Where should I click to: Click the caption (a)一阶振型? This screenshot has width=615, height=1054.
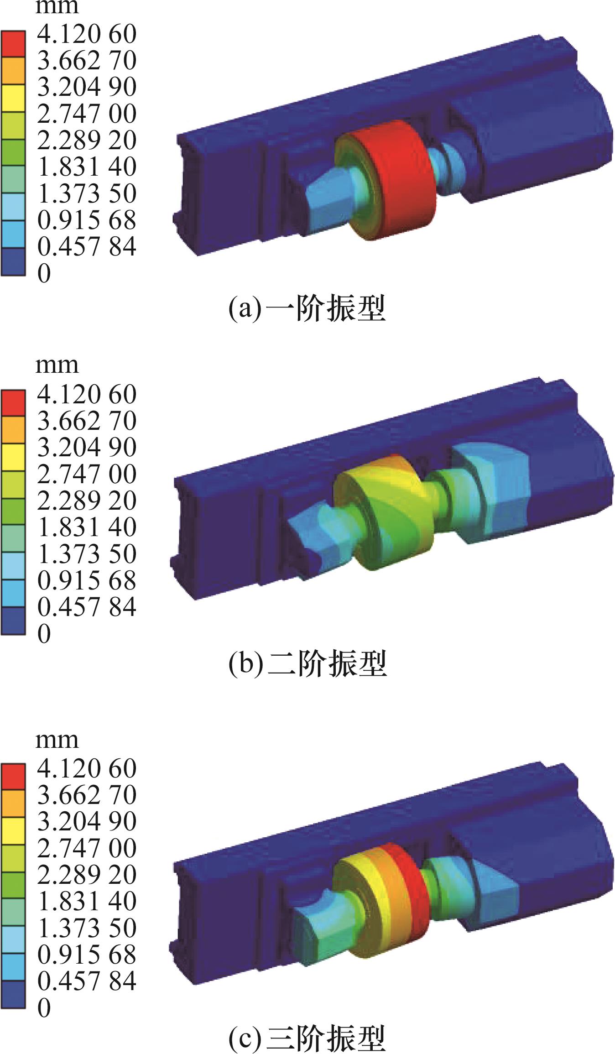point(307,308)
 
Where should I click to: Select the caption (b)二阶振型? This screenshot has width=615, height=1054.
point(307,663)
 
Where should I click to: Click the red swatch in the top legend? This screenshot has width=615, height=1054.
point(13,44)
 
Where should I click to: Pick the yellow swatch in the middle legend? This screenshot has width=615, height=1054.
point(13,457)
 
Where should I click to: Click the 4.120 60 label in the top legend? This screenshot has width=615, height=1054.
point(87,34)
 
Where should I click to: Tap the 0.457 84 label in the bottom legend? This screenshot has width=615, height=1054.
point(87,981)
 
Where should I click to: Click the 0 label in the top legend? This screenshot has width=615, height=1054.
point(44,273)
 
